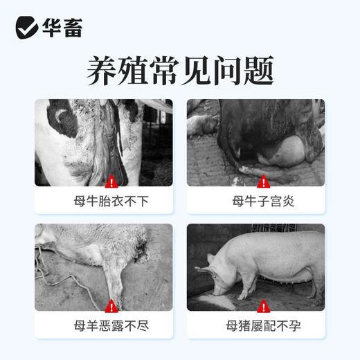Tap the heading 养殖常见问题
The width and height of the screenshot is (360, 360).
180,69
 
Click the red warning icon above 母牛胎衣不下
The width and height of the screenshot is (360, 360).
111,183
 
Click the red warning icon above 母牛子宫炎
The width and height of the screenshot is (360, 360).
262,183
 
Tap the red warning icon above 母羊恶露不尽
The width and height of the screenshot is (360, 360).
111,305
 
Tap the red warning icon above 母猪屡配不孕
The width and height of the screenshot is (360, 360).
262,305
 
